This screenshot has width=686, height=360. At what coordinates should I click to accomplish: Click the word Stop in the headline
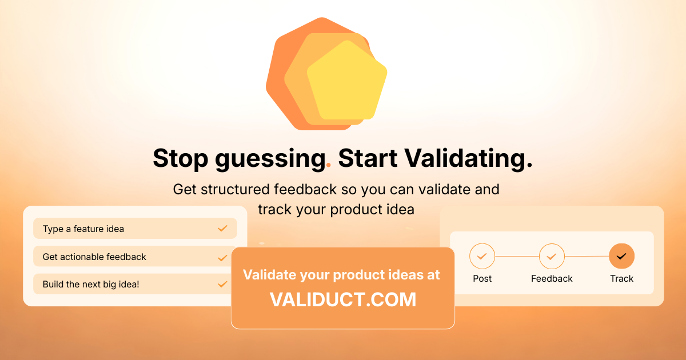pyautogui.click(x=181, y=158)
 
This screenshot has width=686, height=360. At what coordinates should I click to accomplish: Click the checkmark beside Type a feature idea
pyautogui.click(x=222, y=229)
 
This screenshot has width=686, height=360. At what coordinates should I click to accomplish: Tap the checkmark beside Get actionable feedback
pyautogui.click(x=222, y=257)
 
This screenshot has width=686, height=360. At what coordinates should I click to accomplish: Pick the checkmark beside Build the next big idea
pyautogui.click(x=222, y=284)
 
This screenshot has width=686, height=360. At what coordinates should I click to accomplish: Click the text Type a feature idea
pyautogui.click(x=83, y=229)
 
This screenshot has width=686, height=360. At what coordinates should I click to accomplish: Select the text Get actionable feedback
pyautogui.click(x=94, y=257)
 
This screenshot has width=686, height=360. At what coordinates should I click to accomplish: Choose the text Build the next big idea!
pyautogui.click(x=91, y=284)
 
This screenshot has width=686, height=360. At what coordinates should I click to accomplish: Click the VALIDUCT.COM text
pyautogui.click(x=342, y=300)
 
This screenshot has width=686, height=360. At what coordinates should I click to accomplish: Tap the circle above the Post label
pyautogui.click(x=482, y=256)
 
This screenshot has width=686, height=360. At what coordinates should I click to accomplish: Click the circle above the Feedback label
pyautogui.click(x=552, y=256)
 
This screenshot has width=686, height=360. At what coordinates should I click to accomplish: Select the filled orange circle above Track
pyautogui.click(x=621, y=256)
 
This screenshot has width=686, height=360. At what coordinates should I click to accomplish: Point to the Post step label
pyautogui.click(x=482, y=279)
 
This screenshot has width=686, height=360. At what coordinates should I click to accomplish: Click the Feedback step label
pyautogui.click(x=552, y=279)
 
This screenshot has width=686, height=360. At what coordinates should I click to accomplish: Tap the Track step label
pyautogui.click(x=621, y=279)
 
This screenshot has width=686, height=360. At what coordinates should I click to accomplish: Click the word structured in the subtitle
pyautogui.click(x=236, y=189)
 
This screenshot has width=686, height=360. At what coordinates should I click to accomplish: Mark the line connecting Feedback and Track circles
pyautogui.click(x=587, y=256)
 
